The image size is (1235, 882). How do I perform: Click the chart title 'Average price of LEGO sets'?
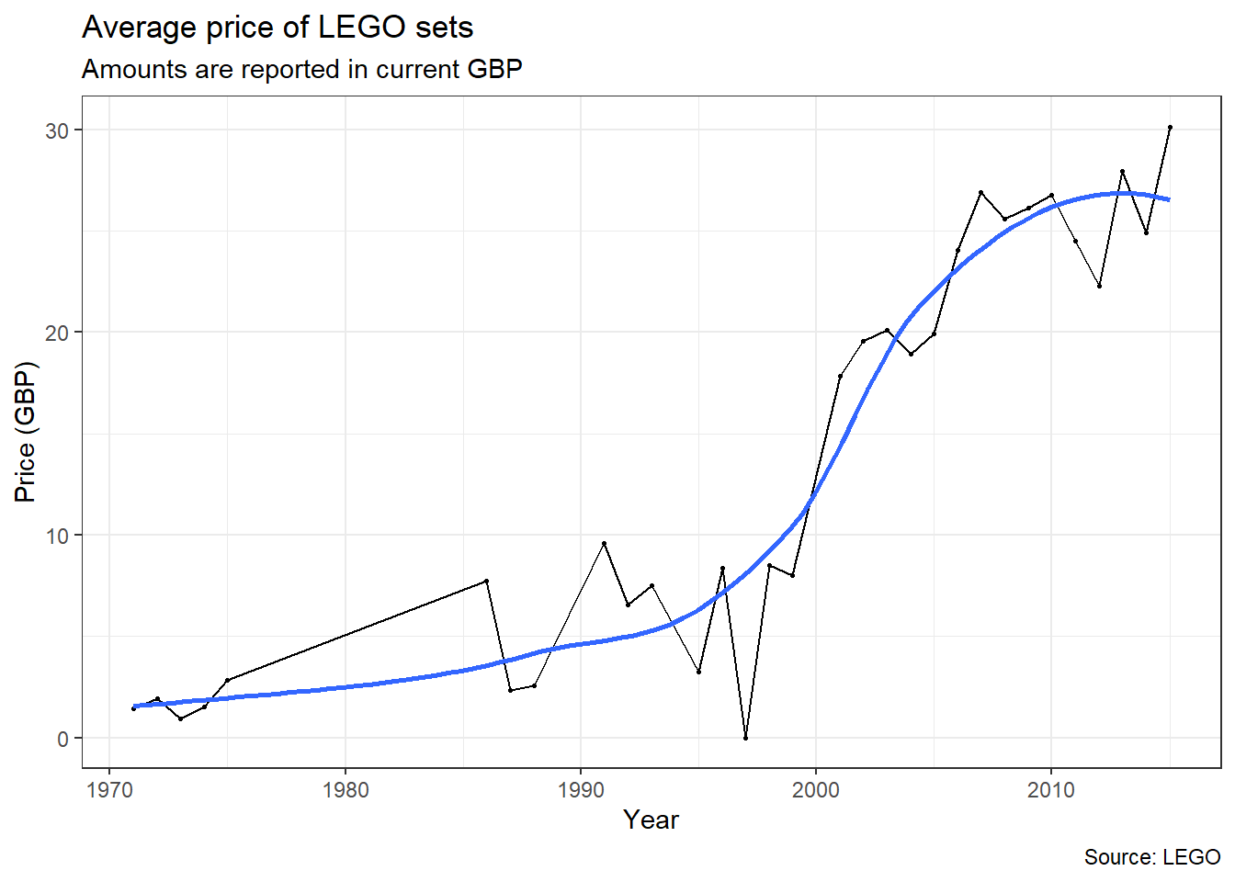pos(278,28)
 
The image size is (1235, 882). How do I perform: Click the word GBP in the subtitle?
pos(494,70)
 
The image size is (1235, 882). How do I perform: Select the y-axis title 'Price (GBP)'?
pos(25,432)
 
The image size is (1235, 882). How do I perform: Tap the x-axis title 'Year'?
pos(651,820)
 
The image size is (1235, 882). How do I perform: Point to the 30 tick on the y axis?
pos(57,130)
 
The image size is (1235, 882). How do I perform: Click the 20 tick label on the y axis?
pos(57,333)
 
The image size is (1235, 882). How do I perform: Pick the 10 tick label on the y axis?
pos(57,536)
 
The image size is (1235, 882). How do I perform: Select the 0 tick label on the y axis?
pos(62,739)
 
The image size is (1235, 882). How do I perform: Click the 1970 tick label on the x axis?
pos(110,790)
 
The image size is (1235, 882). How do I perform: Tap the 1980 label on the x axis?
pos(346,790)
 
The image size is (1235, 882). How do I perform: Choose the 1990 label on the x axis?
pos(581,790)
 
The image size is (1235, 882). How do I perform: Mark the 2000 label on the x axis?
pos(816,790)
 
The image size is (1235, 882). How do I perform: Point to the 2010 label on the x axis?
pos(1051,790)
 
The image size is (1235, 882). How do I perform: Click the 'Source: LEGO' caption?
pos(1152,857)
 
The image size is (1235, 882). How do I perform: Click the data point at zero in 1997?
pos(745,738)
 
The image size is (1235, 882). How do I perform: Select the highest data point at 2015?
pos(1170,127)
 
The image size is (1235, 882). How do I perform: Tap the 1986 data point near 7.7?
pos(486,581)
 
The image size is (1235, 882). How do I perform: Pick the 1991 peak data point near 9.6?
pos(604,543)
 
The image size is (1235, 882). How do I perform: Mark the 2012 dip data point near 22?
pos(1099,286)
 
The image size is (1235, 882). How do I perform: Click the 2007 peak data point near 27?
pos(980,192)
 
